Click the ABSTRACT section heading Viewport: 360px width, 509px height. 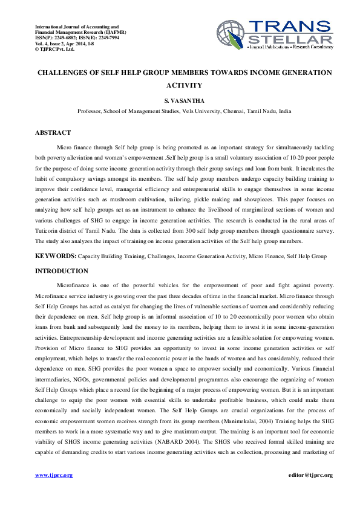tap(53, 132)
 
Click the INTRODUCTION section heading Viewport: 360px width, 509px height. tap(61, 271)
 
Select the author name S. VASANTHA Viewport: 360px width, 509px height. tap(185, 100)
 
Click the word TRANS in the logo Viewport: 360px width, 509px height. tap(289, 26)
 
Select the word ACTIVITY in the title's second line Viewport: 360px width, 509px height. tap(185, 85)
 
